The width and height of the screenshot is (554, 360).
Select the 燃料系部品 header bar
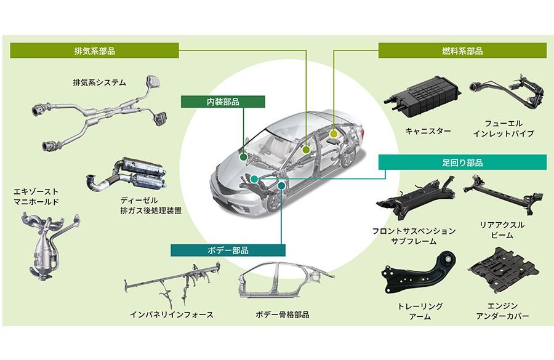(x=462, y=50)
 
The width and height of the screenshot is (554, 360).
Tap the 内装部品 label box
(x=223, y=102)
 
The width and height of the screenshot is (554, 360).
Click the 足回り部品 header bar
(x=462, y=162)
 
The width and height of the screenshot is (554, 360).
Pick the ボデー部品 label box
(x=228, y=250)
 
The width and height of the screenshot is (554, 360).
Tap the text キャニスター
(x=428, y=131)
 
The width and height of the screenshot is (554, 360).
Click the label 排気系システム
(x=99, y=82)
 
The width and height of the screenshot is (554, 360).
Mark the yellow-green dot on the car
(x=333, y=132)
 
